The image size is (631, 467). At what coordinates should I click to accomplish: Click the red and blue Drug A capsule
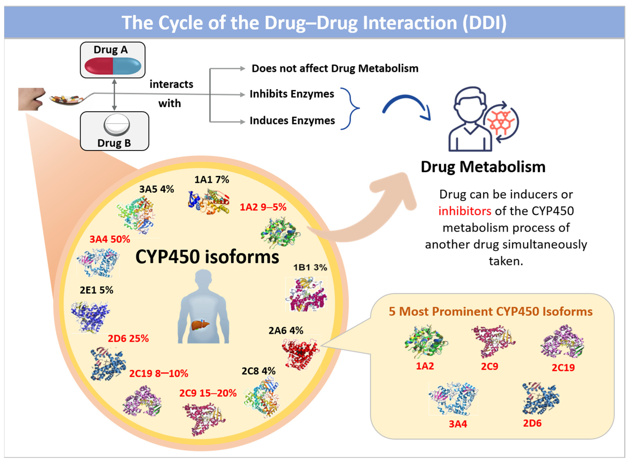(x=113, y=66)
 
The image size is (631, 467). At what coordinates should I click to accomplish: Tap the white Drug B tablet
(x=116, y=125)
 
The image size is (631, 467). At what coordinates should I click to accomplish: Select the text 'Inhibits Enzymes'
(x=292, y=94)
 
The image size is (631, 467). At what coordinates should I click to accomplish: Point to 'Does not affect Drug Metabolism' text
(x=335, y=68)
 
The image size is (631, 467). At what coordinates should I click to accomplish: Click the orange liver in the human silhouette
(x=200, y=325)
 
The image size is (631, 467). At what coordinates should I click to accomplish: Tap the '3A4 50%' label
(x=110, y=240)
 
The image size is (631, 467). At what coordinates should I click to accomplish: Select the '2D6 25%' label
(x=128, y=338)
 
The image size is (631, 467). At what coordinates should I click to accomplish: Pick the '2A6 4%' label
(x=286, y=331)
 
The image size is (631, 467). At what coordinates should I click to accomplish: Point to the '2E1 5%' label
(x=96, y=290)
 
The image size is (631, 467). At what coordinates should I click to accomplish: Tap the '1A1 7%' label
(x=212, y=180)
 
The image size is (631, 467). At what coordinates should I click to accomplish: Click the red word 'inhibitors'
(x=465, y=211)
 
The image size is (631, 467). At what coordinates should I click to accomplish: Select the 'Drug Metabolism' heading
(x=483, y=167)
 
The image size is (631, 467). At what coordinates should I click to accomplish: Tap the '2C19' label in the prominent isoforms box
(x=563, y=368)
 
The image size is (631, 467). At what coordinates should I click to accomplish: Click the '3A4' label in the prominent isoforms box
(x=458, y=424)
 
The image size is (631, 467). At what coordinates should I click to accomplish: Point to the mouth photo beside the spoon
(x=31, y=99)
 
